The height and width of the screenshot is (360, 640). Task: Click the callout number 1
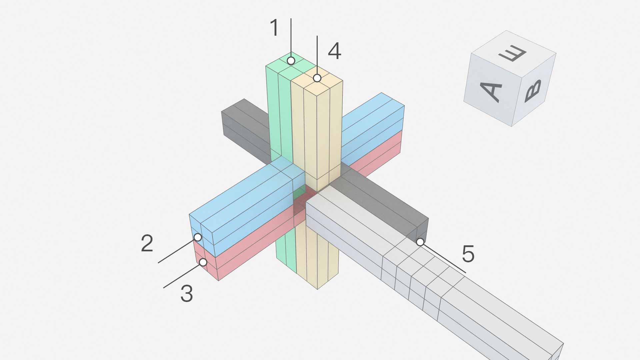274,28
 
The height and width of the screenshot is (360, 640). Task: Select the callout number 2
147,243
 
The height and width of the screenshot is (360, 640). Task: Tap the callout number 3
187,294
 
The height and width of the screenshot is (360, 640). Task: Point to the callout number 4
335,51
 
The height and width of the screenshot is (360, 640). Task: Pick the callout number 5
468,254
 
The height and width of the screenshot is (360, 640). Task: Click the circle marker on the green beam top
291,61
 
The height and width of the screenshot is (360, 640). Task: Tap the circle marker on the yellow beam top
317,78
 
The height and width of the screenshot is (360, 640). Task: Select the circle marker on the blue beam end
198,237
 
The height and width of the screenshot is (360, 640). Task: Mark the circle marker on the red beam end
203,262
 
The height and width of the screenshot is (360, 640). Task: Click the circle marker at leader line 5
420,242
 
